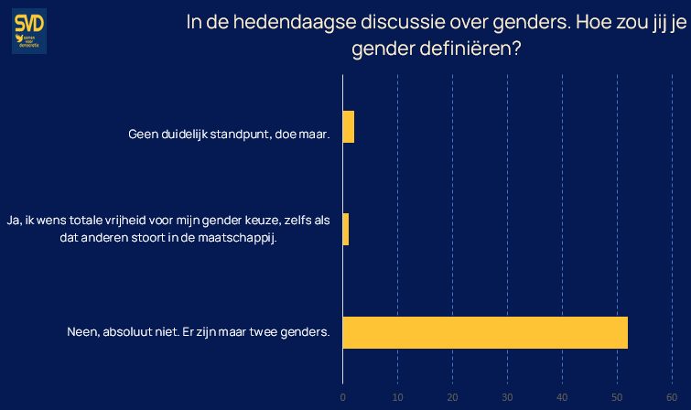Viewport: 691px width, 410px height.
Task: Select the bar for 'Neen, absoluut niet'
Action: pos(485,332)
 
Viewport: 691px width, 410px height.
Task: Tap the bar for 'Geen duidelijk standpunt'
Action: pos(348,126)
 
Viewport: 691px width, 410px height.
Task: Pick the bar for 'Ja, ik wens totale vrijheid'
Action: pos(345,229)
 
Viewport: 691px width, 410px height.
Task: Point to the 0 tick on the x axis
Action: pos(342,397)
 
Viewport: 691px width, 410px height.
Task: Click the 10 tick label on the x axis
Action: pos(397,397)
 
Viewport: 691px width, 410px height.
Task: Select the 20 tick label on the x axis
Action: pos(452,397)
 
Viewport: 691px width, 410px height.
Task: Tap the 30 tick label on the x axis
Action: pos(507,397)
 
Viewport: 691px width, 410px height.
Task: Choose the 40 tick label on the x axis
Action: pos(562,397)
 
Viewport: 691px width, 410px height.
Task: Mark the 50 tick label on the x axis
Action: pos(617,397)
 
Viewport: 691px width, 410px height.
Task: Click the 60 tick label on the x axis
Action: pos(672,397)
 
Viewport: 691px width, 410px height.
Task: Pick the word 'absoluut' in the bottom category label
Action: pos(130,331)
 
